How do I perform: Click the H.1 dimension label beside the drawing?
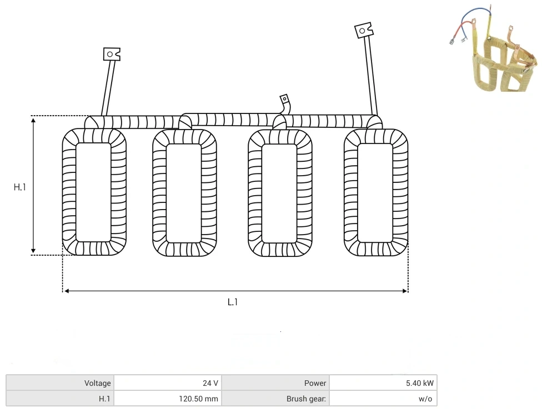(x=19, y=187)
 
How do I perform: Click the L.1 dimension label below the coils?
(x=233, y=302)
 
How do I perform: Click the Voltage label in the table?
(x=98, y=383)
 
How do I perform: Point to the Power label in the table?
(x=315, y=383)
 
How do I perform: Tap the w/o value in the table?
(x=425, y=399)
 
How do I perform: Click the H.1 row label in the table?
(x=104, y=399)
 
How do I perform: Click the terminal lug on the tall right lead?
(x=364, y=31)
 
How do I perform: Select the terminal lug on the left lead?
(x=112, y=54)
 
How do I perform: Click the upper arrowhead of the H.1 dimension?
(x=33, y=121)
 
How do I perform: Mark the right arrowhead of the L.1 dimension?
(x=405, y=291)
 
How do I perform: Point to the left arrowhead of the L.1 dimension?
(x=67, y=291)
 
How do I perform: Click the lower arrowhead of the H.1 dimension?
(x=33, y=250)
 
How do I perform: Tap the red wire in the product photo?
(x=461, y=29)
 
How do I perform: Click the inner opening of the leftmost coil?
(x=93, y=192)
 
